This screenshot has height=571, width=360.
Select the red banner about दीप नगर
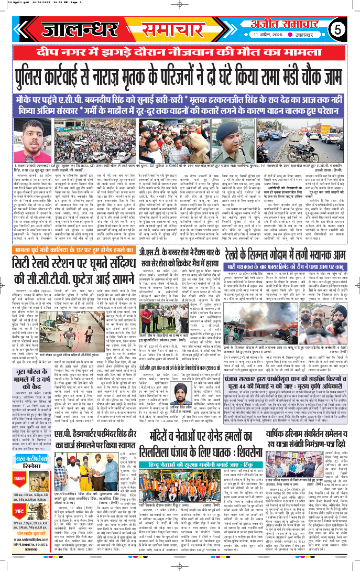pos(180,52)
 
